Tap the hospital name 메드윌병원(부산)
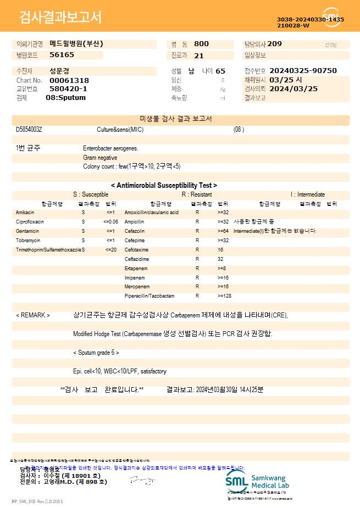(76, 44)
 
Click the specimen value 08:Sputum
(65, 98)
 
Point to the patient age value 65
(220, 71)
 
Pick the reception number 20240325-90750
(303, 71)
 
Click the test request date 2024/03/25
(293, 88)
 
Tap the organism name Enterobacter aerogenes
(110, 148)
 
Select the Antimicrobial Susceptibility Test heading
(164, 186)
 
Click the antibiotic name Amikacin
(25, 212)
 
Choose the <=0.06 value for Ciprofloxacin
(110, 221)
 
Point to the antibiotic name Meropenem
(137, 287)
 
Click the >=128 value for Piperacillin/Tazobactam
(224, 296)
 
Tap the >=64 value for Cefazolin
(223, 231)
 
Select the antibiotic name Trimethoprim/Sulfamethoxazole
(49, 249)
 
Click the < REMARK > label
(33, 315)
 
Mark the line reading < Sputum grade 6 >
(96, 353)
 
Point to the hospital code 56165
(62, 55)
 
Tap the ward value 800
(201, 44)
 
